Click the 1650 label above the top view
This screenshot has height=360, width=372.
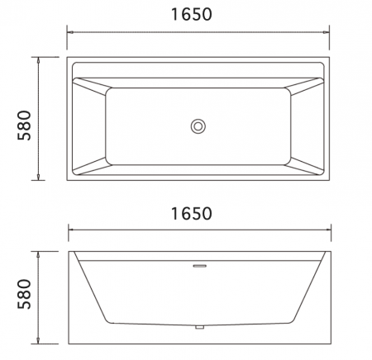pos(198,15)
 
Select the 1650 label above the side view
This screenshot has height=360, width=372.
pos(198,213)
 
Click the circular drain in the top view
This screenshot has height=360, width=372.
pos(198,126)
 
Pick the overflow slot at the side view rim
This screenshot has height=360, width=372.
pos(198,266)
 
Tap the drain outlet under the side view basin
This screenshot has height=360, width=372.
pos(198,328)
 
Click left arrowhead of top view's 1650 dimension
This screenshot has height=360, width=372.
pos(69,32)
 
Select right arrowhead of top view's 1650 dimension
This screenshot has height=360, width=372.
pos(328,32)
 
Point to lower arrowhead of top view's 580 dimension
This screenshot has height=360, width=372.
pos(39,179)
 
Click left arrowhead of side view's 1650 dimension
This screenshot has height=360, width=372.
pos(69,229)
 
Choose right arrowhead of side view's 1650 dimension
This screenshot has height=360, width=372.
pos(328,229)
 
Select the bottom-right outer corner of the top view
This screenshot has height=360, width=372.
pos(331,182)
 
